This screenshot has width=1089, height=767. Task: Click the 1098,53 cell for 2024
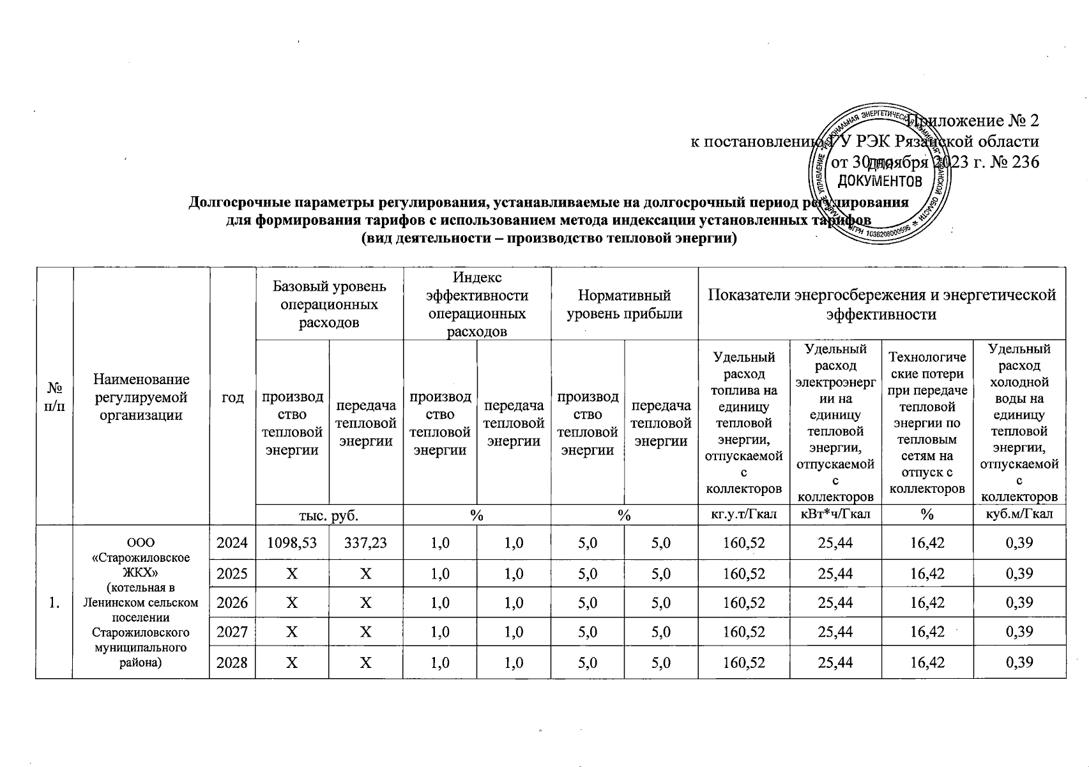pos(292,543)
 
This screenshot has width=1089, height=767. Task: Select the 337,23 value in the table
pos(365,543)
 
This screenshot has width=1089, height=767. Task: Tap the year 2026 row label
pos(232,603)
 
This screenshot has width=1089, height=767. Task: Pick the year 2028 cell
pos(232,662)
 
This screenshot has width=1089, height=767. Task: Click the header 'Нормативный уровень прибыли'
pos(624,304)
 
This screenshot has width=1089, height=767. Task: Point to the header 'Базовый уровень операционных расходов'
pos(329,304)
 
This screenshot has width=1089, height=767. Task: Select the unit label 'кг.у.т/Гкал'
pos(743,515)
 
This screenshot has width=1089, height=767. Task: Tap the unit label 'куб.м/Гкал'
pos(1019,515)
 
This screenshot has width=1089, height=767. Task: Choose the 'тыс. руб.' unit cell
pos(329,515)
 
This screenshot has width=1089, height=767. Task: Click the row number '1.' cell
pos(54,603)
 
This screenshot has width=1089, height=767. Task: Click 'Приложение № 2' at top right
pos(977,120)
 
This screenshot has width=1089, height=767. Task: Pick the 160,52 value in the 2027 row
pos(743,632)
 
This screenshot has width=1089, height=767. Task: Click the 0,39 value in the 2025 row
pos(1019,573)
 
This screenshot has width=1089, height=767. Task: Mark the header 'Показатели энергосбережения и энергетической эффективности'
pos(881,304)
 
